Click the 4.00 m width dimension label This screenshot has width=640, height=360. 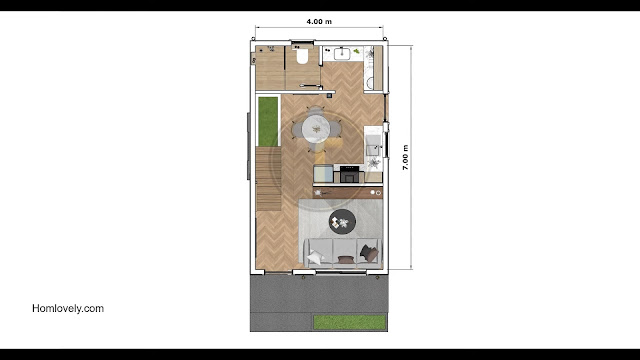pos(319,22)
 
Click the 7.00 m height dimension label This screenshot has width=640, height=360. pos(405,158)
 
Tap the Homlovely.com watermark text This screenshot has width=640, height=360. pos(68,308)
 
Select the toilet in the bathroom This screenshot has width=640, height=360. pos(302,56)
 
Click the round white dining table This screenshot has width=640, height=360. pos(316,129)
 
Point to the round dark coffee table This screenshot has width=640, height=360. pos(342,222)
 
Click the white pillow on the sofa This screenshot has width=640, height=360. pos(316,257)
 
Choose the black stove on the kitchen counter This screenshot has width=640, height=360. pos(349,174)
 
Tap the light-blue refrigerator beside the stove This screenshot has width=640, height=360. pos(323,173)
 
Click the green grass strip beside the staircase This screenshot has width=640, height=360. pos(268,121)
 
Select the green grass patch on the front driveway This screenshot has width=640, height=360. pos(350,322)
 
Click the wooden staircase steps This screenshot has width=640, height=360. pos(269,179)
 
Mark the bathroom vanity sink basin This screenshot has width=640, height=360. pos(342,53)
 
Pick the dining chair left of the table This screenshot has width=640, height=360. pos(297,130)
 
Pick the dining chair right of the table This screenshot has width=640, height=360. pos(336,129)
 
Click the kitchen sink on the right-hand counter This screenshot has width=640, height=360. pos(373,146)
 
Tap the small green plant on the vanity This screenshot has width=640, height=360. pos(357,51)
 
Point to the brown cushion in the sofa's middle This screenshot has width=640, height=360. pos(346,259)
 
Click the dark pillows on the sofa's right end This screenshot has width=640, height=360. pos(370,253)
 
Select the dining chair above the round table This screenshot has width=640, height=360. pos(316,111)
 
